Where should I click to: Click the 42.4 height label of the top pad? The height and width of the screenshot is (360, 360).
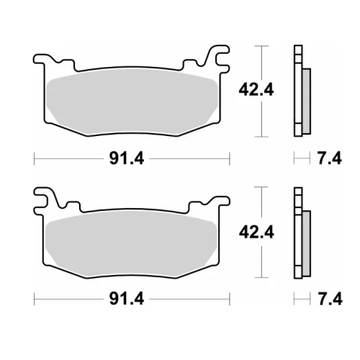256,90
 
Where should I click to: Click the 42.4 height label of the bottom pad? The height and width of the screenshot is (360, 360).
256,232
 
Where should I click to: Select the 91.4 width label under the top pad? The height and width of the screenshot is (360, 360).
127,158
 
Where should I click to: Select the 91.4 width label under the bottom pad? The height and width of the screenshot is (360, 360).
127,299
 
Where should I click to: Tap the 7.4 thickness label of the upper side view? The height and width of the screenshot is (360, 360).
330,158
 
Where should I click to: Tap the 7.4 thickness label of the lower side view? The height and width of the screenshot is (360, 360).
330,299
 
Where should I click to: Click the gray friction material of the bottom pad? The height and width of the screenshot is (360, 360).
131,243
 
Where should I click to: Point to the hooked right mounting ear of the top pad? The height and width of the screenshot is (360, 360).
217,58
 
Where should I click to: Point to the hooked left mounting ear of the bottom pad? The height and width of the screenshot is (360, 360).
45,199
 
